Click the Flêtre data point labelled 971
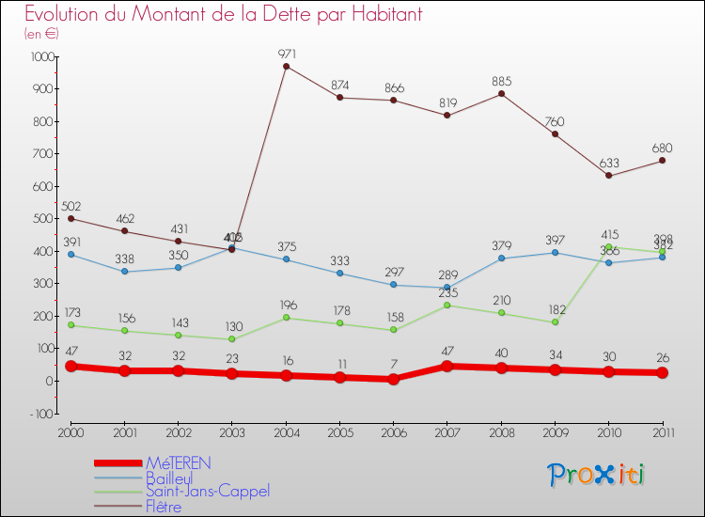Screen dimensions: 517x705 [x=286, y=66]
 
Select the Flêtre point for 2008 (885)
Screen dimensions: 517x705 [x=501, y=93]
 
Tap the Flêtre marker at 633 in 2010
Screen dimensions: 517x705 [x=608, y=175]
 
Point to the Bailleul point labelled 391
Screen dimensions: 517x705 [x=70, y=254]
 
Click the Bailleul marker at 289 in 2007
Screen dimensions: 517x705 [x=447, y=288]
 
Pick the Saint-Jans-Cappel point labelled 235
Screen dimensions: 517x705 [x=447, y=305]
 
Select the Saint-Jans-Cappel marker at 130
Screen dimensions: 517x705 [x=232, y=339]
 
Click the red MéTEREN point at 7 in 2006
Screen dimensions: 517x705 [x=394, y=379]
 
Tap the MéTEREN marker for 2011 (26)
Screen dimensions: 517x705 [x=662, y=372]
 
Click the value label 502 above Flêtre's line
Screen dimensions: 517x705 [x=71, y=207]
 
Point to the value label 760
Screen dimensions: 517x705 [x=555, y=121]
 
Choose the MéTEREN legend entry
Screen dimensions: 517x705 [x=178, y=462]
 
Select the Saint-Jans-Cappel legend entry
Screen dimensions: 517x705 [x=207, y=491]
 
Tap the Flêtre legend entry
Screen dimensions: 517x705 [x=164, y=506]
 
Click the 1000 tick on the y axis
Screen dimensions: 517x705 [x=42, y=56]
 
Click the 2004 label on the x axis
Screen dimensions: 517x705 [x=286, y=431]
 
